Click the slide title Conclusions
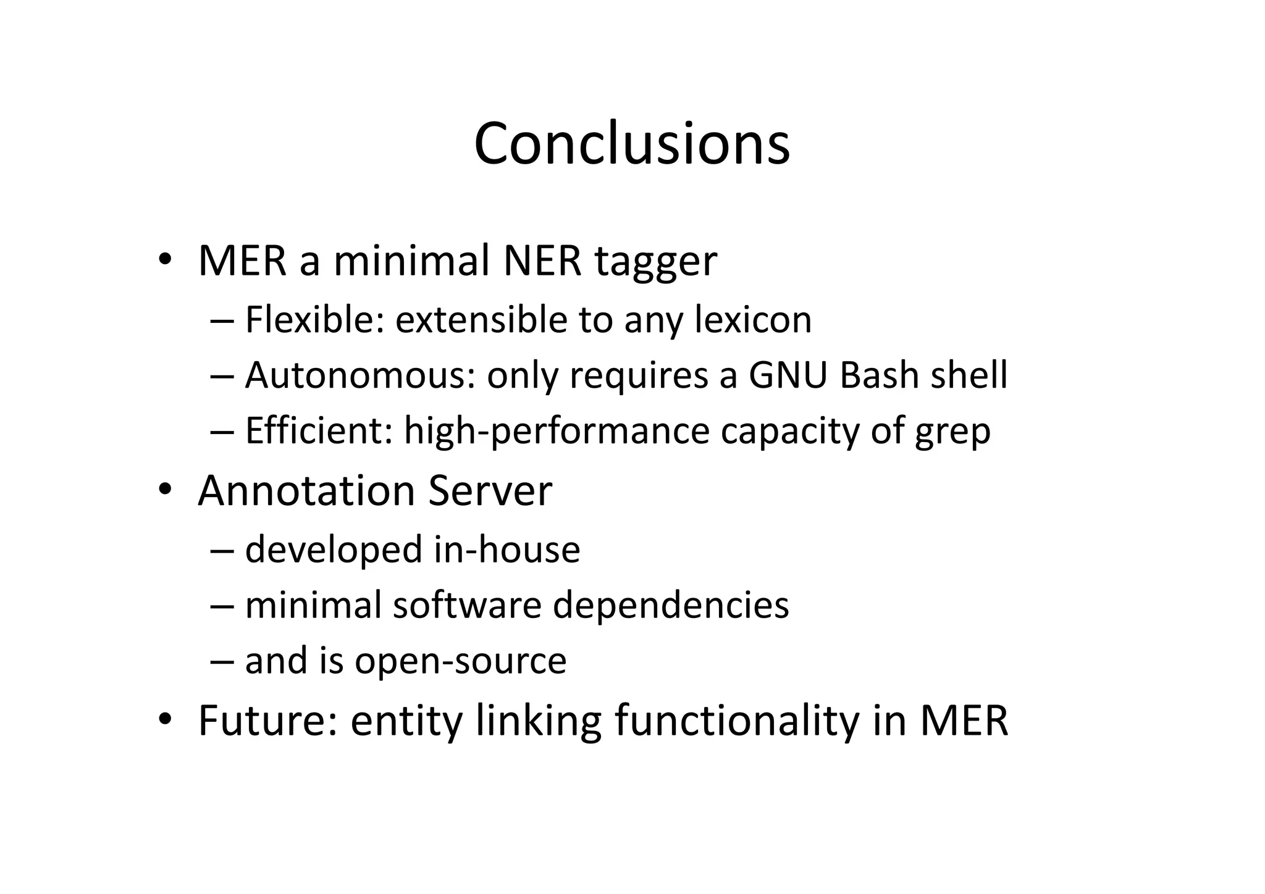coord(631,144)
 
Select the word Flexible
coord(314,320)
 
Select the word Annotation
coord(306,491)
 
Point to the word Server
coord(490,491)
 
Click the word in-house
coord(506,549)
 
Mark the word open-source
coord(460,661)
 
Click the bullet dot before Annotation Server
coord(164,490)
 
